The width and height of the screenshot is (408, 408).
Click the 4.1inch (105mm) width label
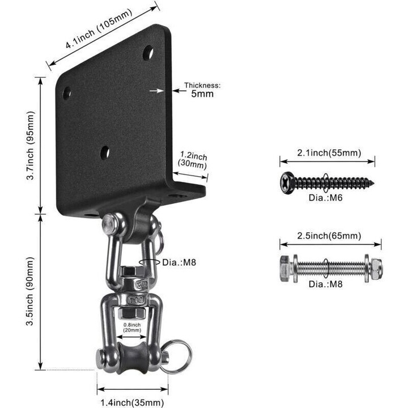tap(99, 29)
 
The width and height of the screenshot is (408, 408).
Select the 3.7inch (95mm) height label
tap(31, 146)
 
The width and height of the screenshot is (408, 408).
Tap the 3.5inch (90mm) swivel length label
tap(30, 291)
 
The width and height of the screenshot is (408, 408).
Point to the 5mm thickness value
tap(202, 93)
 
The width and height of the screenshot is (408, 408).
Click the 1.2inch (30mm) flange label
tap(193, 160)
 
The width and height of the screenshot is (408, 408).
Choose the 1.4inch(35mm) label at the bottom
tap(132, 402)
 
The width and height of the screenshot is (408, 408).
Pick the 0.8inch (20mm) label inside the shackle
tap(132, 328)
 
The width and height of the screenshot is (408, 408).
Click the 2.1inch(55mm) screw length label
tap(329, 153)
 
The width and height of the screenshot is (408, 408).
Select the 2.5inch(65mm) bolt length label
tap(329, 236)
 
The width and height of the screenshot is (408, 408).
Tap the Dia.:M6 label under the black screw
tap(325, 198)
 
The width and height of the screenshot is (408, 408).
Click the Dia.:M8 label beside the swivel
tap(179, 262)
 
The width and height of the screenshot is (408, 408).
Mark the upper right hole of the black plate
tap(148, 53)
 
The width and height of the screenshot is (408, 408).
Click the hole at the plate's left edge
tap(67, 93)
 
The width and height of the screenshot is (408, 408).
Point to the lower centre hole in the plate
tap(105, 153)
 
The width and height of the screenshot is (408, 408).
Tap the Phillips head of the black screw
tap(287, 183)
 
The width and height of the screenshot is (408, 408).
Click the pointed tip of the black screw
tap(373, 183)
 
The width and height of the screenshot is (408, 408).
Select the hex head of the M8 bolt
tap(286, 269)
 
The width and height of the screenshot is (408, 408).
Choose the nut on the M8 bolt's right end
tap(376, 269)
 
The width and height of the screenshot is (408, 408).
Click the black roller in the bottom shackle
tap(132, 358)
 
